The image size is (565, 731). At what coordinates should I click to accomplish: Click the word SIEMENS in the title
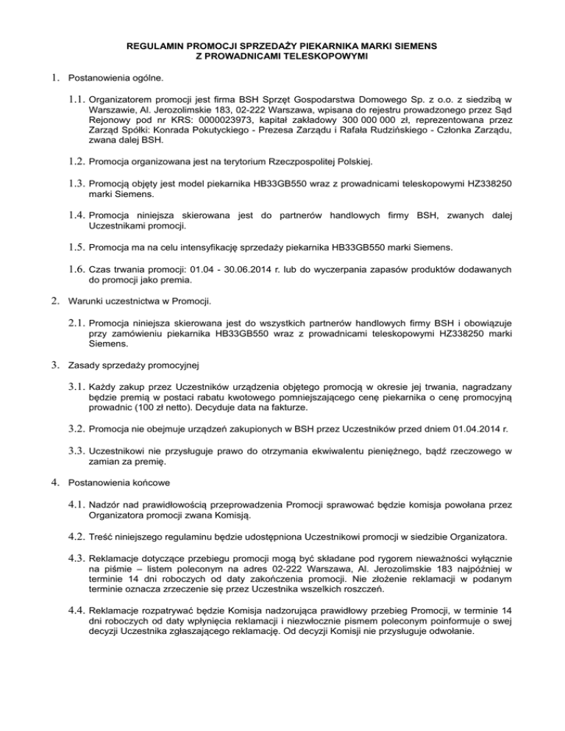point(415,46)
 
